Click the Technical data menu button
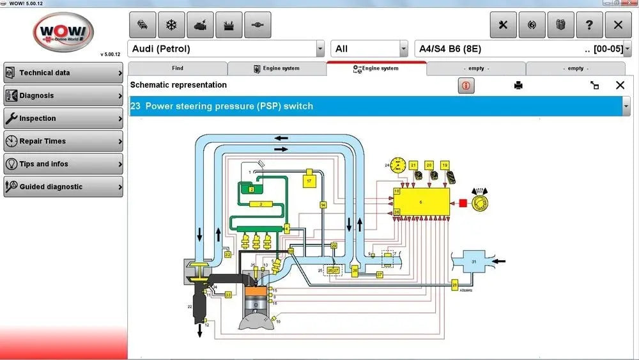63,73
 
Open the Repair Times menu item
63,141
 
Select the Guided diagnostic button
63,187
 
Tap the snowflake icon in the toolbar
171,25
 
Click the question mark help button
589,25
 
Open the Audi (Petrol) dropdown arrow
320,49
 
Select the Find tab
178,68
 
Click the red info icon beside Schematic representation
466,85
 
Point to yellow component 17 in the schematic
309,181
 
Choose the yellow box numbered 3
261,204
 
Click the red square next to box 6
461,203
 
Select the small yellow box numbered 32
227,254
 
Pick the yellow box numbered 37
380,274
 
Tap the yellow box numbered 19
444,166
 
